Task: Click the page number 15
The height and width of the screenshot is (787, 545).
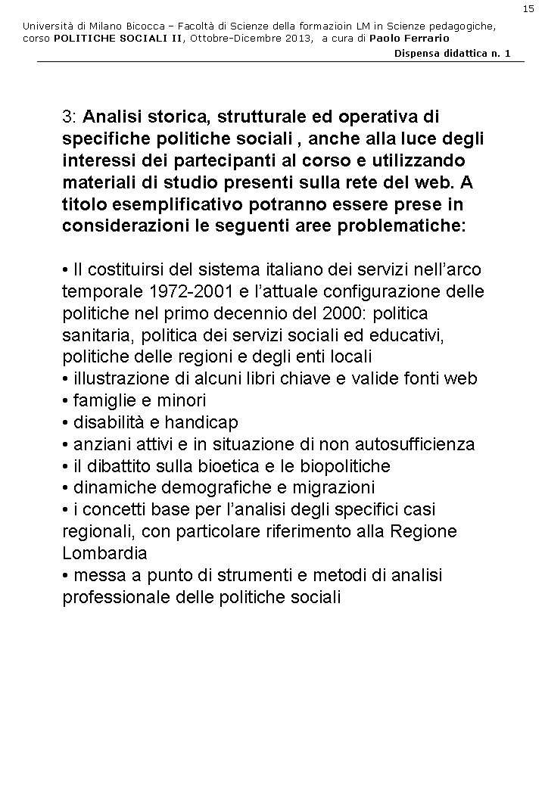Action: coord(528,8)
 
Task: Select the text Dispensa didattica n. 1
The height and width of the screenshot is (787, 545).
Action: coord(453,53)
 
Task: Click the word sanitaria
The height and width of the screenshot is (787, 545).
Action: coord(96,335)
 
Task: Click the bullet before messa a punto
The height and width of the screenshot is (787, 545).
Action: coord(66,576)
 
